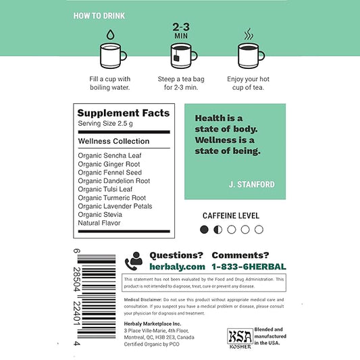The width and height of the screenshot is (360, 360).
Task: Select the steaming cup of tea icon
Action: (251, 57)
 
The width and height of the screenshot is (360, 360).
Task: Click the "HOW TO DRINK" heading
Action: (99, 15)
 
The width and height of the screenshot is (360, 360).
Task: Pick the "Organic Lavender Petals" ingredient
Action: (115, 206)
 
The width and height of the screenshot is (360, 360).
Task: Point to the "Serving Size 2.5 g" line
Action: (105, 125)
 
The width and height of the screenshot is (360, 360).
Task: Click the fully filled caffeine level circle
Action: (205, 230)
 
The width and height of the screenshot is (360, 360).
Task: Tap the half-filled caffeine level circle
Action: (218, 230)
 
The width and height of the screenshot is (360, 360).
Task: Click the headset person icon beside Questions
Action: (135, 260)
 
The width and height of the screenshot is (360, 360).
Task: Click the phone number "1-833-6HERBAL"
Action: (249, 267)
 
